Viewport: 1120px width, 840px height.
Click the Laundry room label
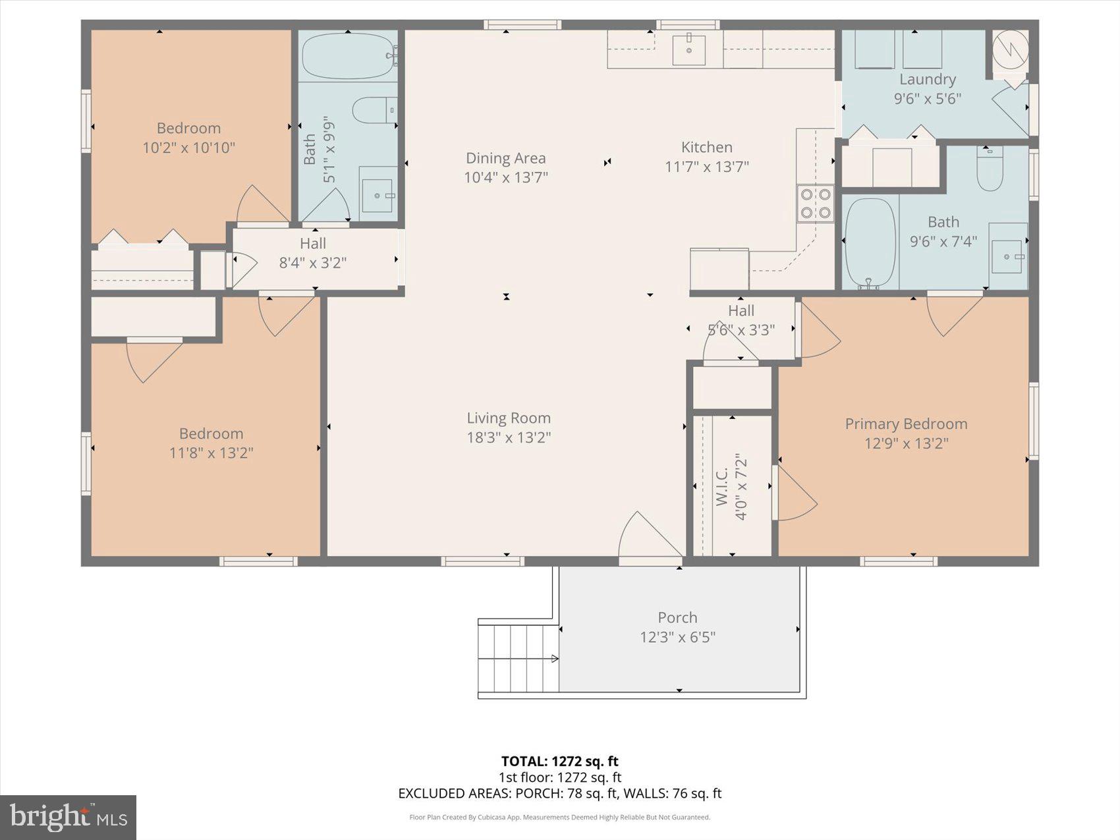click(927, 80)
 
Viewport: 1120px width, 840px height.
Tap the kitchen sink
click(688, 50)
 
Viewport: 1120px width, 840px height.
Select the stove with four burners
click(816, 204)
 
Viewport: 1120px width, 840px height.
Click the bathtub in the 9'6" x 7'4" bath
click(870, 242)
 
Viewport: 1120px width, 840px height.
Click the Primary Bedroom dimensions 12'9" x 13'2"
click(906, 443)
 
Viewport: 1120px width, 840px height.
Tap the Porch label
click(677, 617)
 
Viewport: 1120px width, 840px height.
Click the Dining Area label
click(505, 158)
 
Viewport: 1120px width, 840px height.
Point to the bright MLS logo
click(69, 818)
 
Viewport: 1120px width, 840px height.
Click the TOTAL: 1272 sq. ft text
click(559, 762)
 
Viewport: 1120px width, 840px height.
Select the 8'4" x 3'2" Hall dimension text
click(313, 263)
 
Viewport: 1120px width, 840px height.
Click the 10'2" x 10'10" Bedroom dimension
click(188, 148)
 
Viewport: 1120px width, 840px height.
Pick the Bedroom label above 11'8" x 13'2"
click(211, 434)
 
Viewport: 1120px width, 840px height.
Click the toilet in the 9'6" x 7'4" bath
click(990, 171)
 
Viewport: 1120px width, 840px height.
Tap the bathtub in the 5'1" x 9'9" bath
click(348, 56)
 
